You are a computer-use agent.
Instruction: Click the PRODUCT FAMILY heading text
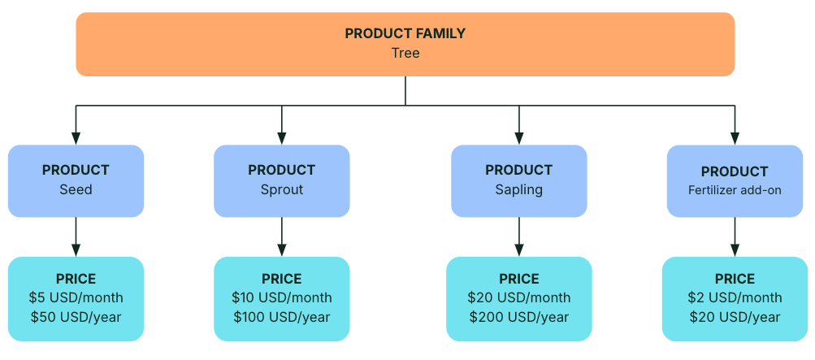point(405,34)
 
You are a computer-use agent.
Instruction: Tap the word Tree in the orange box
point(405,53)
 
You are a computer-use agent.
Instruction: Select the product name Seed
point(76,189)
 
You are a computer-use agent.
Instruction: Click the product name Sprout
point(282,189)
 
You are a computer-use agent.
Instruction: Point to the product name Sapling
point(518,189)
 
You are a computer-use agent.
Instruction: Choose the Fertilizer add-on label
point(735,190)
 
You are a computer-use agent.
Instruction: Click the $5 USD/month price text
point(76,297)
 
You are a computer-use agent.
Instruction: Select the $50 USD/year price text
point(76,317)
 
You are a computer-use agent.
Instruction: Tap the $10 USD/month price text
point(282,297)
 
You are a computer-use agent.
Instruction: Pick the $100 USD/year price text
point(282,317)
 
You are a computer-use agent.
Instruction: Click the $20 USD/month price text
point(518,297)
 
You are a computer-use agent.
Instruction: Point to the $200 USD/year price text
point(518,317)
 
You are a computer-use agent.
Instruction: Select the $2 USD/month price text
point(735,297)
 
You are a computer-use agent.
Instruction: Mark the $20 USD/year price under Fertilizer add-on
point(735,317)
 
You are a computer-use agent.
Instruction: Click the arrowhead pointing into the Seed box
point(76,138)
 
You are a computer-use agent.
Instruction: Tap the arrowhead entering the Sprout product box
point(282,138)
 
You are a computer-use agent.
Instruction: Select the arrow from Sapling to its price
point(518,236)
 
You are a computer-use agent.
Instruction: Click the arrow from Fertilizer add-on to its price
point(735,236)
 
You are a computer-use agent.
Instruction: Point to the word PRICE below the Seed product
point(76,279)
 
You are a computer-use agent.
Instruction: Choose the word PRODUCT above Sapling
point(518,170)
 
